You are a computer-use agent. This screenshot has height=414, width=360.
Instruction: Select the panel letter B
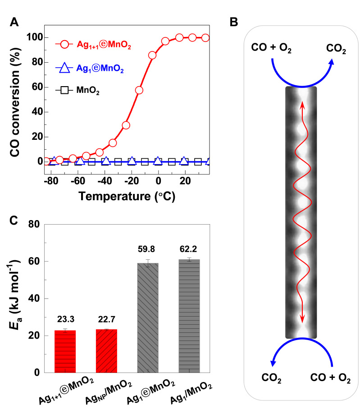[234, 22]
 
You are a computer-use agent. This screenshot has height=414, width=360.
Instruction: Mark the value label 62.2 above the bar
[190, 248]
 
